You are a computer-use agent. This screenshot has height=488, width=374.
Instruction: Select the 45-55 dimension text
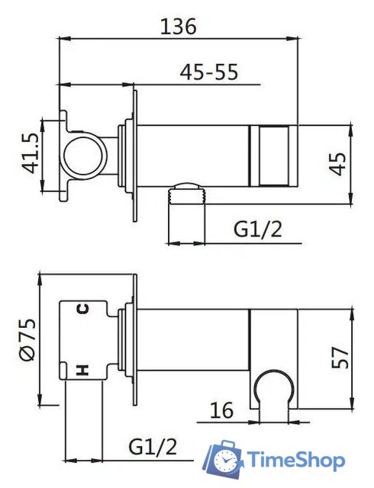pyautogui.click(x=209, y=72)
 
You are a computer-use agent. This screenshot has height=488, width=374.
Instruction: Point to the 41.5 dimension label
pyautogui.click(x=31, y=153)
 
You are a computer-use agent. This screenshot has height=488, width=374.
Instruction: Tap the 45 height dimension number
pyautogui.click(x=338, y=164)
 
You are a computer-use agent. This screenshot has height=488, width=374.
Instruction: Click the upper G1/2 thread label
pyautogui.click(x=258, y=230)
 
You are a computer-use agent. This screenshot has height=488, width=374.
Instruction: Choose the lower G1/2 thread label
pyautogui.click(x=153, y=447)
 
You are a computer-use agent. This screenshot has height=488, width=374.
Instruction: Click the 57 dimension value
pyautogui.click(x=340, y=358)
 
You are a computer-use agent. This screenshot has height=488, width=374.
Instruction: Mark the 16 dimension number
pyautogui.click(x=221, y=410)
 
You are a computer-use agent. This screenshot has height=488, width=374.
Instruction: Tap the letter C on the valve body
pyautogui.click(x=83, y=309)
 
